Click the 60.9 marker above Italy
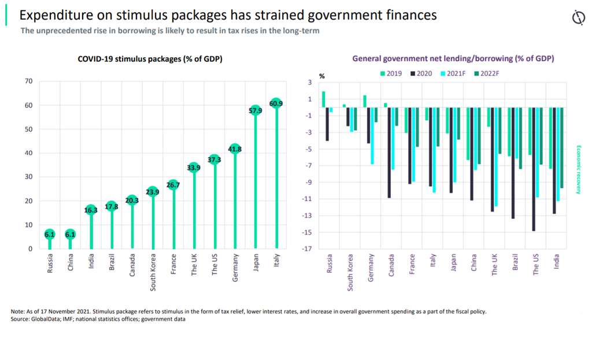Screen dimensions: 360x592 click(x=276, y=103)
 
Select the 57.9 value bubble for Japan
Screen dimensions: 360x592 click(x=256, y=110)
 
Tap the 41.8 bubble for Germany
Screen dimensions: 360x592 click(x=235, y=149)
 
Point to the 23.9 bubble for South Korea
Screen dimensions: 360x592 click(x=153, y=192)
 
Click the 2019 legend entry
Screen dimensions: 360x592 click(x=391, y=73)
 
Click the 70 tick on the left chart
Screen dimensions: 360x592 click(x=28, y=81)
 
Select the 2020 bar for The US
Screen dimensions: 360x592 click(x=534, y=169)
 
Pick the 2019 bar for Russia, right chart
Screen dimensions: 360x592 click(x=324, y=99)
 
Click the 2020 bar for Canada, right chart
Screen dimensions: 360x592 click(x=389, y=153)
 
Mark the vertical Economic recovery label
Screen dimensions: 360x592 click(x=578, y=169)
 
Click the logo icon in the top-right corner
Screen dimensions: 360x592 click(x=578, y=19)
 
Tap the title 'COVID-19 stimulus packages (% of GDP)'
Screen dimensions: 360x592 click(x=150, y=59)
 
